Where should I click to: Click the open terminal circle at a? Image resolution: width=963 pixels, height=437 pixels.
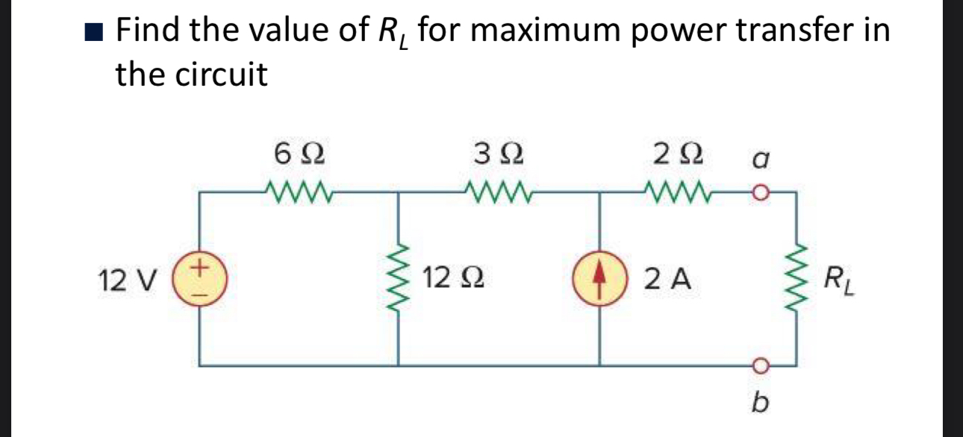pyautogui.click(x=759, y=195)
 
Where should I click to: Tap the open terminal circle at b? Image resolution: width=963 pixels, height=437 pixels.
pyautogui.click(x=759, y=365)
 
